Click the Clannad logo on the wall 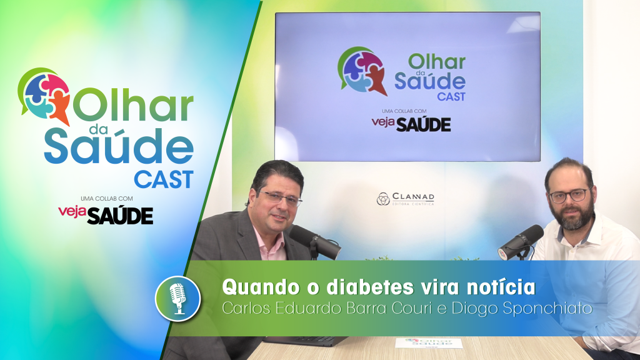click(x=405, y=199)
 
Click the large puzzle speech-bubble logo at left click(x=44, y=95)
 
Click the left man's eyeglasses click(x=281, y=198)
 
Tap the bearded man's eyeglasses click(x=568, y=195)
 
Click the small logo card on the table click(x=429, y=343)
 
